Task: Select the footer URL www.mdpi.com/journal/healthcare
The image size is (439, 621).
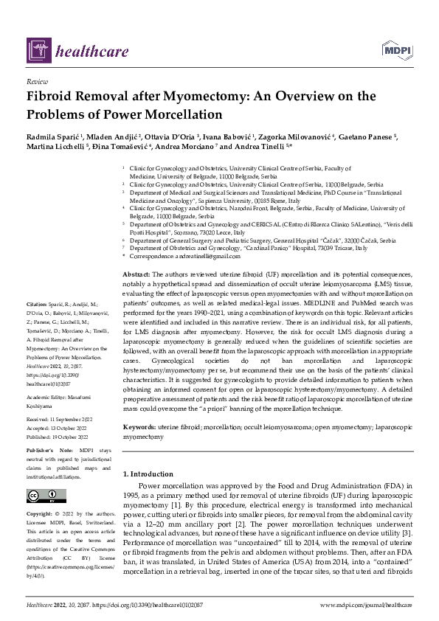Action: coord(366,604)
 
